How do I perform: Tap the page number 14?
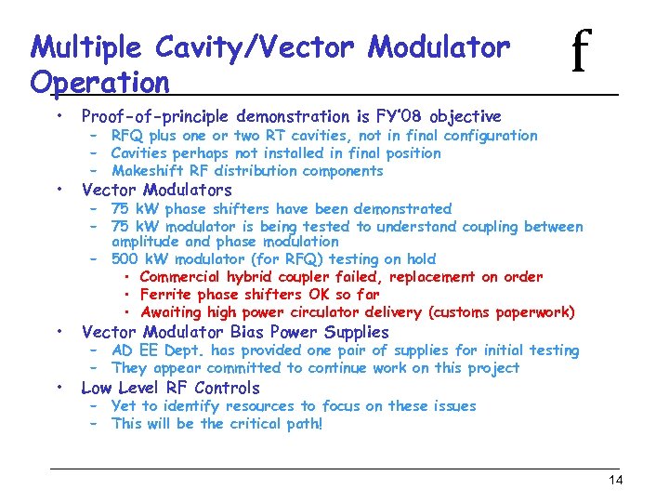[615, 480]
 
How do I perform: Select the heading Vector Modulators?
[156, 191]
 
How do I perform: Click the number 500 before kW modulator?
[125, 259]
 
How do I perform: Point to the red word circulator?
[368, 312]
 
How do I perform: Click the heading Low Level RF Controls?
[170, 388]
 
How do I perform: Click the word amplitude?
[148, 242]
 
